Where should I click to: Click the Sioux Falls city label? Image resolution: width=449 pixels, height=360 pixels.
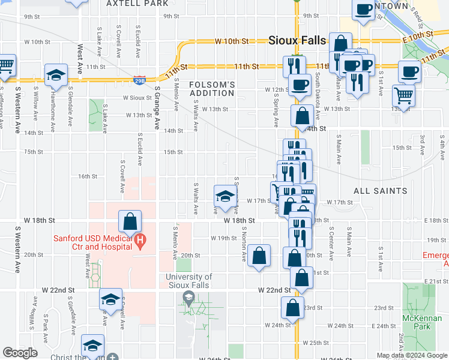pyautogui.click(x=297, y=41)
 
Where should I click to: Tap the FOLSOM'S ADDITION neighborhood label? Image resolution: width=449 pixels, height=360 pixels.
pyautogui.click(x=212, y=89)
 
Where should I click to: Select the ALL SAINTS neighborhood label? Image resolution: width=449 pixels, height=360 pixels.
pyautogui.click(x=380, y=191)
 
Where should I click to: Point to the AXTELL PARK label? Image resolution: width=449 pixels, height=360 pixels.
pyautogui.click(x=137, y=4)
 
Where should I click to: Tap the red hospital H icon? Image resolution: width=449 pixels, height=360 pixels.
pyautogui.click(x=140, y=242)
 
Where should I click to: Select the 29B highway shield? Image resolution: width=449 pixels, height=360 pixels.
pyautogui.click(x=139, y=79)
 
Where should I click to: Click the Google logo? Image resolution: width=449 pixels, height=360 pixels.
pyautogui.click(x=20, y=353)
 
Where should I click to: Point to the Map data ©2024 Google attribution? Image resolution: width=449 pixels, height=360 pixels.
pyautogui.click(x=411, y=355)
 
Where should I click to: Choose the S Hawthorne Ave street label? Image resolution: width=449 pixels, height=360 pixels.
pyautogui.click(x=53, y=98)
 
